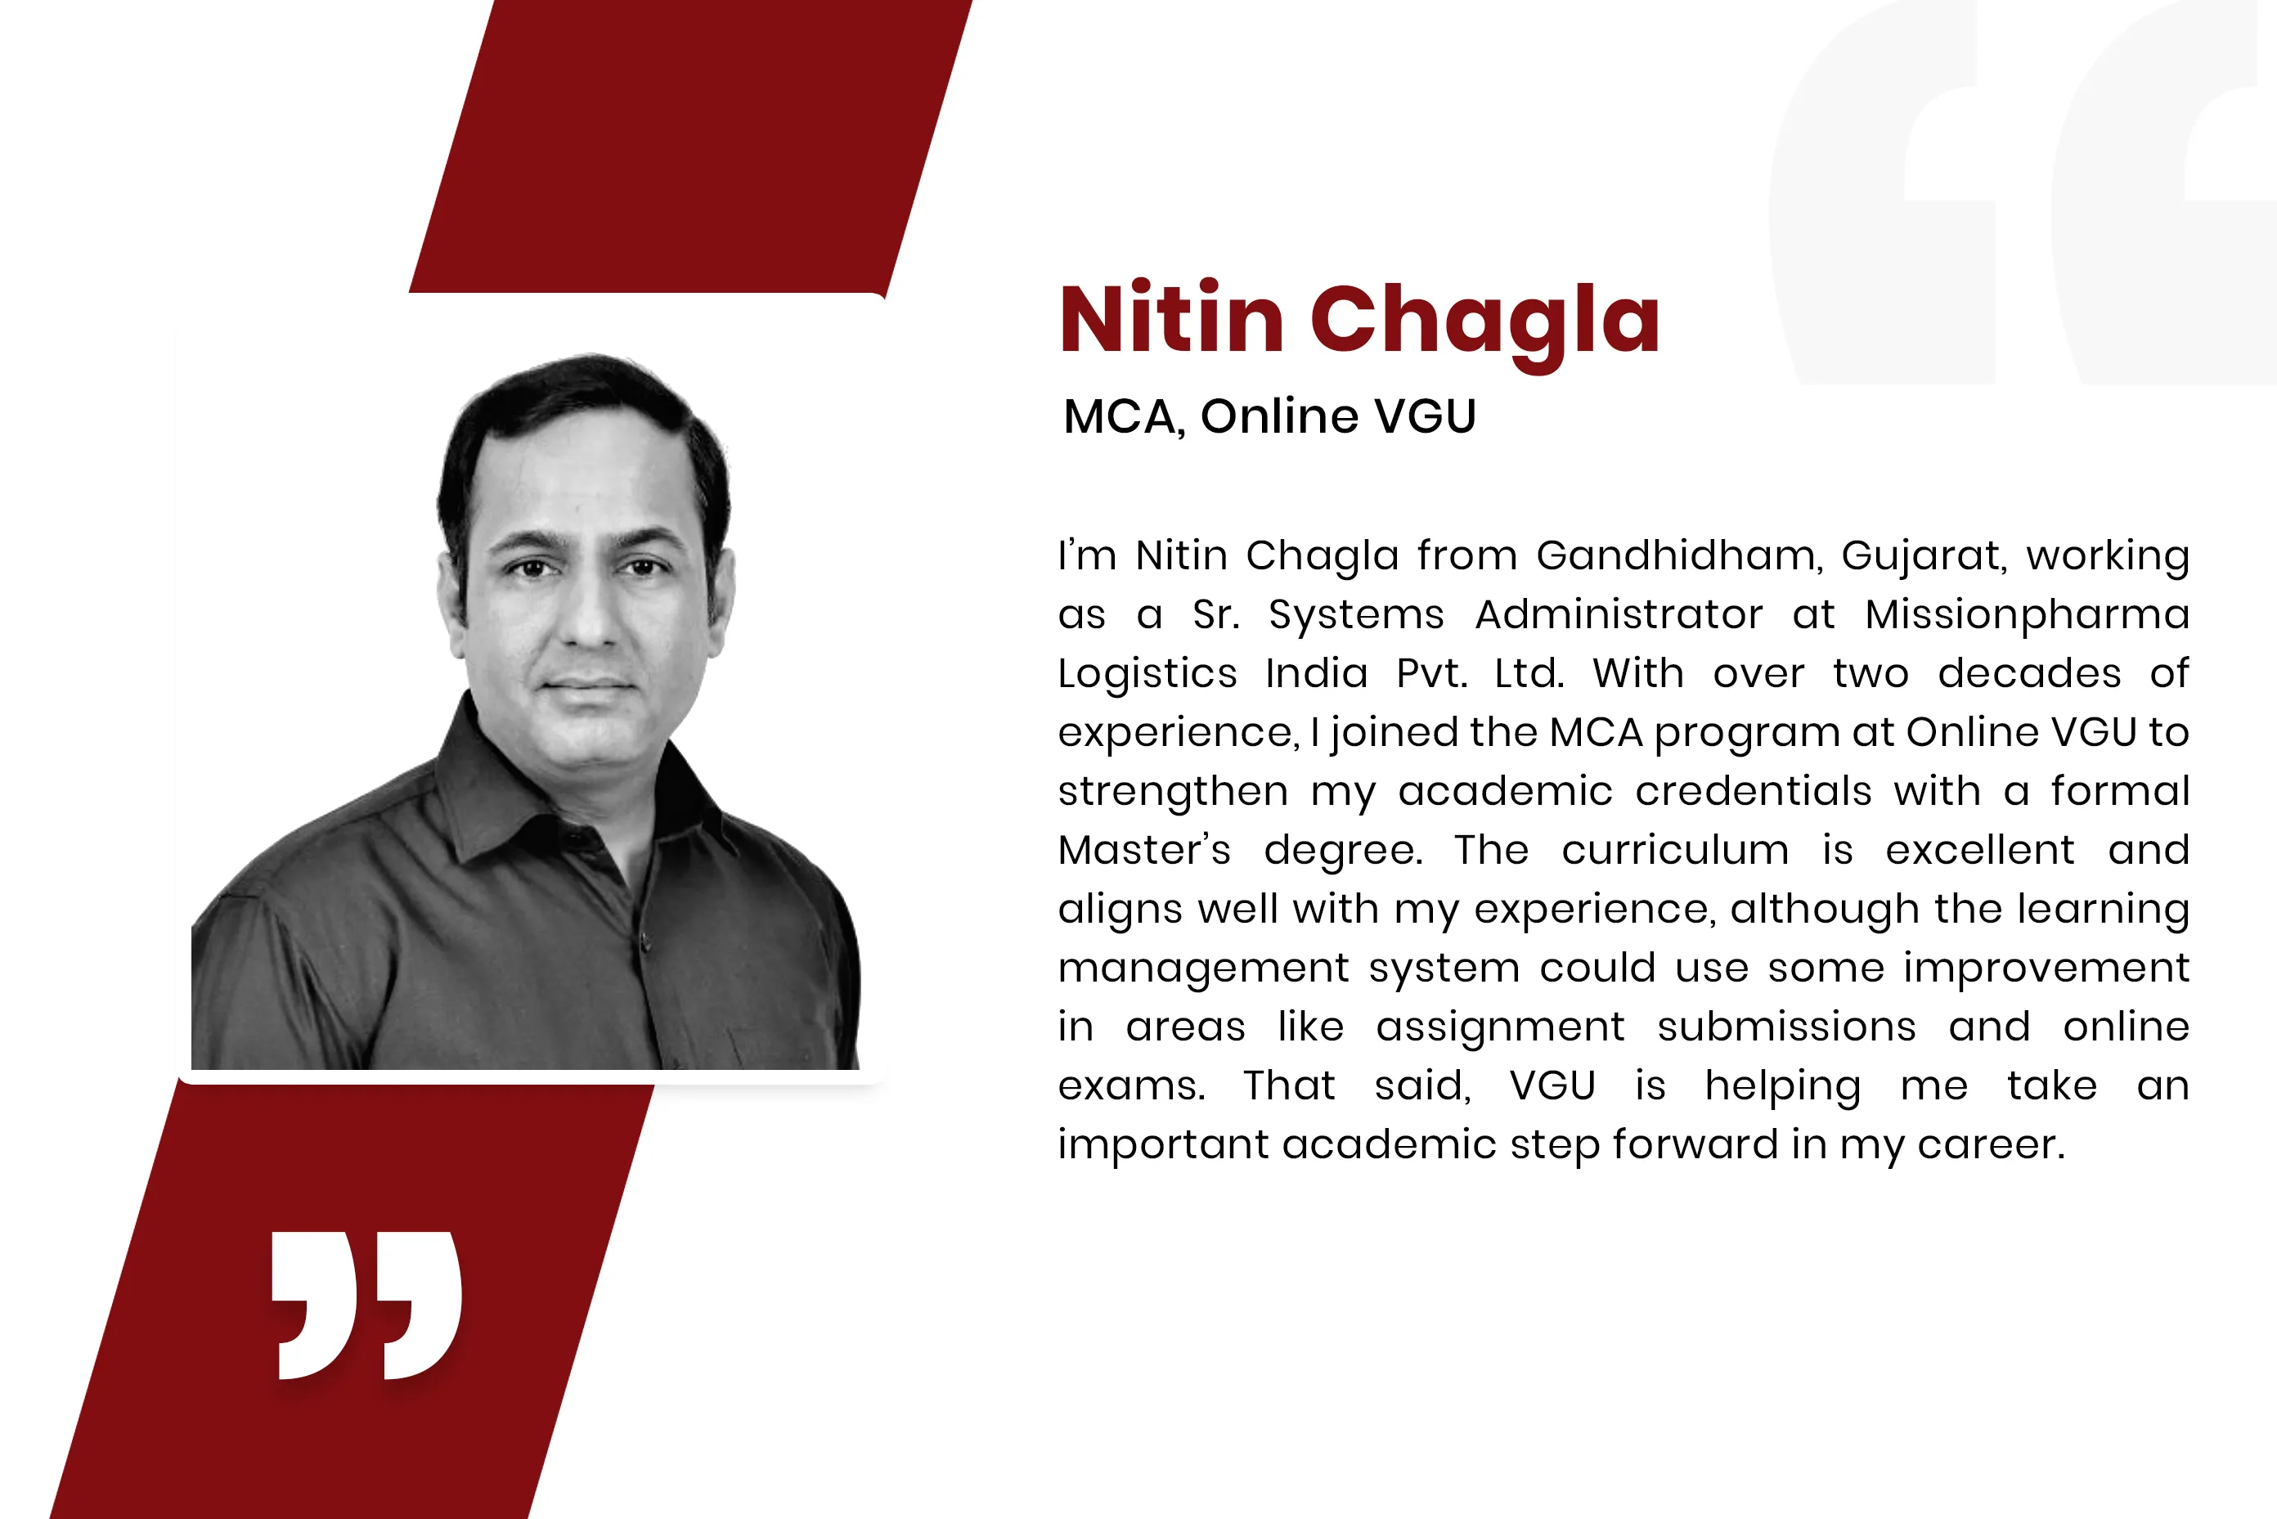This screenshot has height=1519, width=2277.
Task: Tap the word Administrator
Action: point(1619,615)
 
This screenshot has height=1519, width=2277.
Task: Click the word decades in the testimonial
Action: point(2029,673)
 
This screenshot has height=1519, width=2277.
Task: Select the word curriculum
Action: point(1674,851)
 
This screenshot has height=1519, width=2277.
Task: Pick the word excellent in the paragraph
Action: point(1979,851)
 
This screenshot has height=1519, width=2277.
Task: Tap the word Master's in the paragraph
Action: point(1145,851)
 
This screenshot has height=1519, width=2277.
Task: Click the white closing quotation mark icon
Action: point(366,1305)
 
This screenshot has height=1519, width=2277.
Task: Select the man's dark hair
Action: point(582,426)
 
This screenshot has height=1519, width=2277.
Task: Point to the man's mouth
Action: point(589,684)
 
